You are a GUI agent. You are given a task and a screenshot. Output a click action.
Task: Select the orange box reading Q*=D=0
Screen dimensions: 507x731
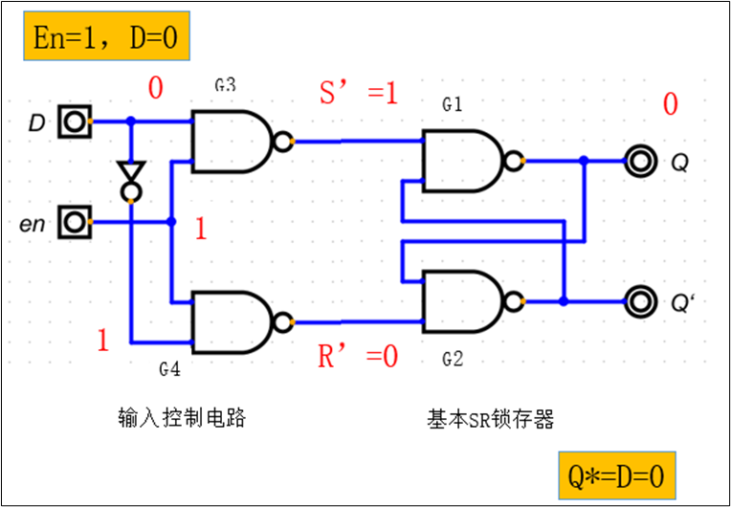tap(617, 474)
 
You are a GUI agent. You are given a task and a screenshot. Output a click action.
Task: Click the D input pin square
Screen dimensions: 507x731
tap(74, 122)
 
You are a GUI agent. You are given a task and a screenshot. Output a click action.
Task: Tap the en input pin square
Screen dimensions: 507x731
tap(74, 223)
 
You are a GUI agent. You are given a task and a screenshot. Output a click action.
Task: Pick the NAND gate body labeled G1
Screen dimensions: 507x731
tap(461, 160)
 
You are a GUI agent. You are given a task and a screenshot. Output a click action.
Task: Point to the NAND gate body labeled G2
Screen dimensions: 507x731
tap(461, 301)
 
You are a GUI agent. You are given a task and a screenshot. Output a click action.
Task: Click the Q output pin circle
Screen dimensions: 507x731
tap(638, 161)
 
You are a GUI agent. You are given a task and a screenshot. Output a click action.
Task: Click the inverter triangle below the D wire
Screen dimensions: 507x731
tap(129, 173)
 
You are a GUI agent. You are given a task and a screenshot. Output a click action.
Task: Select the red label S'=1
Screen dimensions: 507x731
tap(358, 94)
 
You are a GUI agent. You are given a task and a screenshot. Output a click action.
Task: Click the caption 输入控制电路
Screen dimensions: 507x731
tap(182, 418)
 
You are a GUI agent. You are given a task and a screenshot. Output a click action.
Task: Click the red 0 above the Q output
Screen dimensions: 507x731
tap(670, 104)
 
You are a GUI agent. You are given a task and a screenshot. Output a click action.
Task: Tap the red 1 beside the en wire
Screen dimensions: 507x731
tap(201, 230)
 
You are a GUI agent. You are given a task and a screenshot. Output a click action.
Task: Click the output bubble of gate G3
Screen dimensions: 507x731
tap(282, 142)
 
